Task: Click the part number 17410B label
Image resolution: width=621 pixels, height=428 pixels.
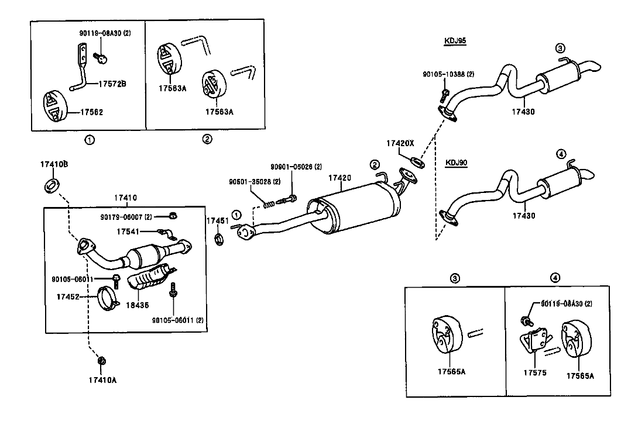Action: point(54,164)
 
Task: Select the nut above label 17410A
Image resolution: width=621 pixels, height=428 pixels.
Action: point(101,361)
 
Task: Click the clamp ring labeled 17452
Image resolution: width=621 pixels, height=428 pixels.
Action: point(108,299)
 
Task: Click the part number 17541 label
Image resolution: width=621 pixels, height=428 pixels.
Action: point(128,232)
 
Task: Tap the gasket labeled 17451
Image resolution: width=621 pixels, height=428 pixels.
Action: point(219,239)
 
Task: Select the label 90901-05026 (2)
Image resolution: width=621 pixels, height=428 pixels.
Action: point(296,167)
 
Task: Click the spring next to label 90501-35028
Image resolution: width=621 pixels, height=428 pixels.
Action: point(269,204)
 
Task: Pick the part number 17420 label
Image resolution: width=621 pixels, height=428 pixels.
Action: point(339,178)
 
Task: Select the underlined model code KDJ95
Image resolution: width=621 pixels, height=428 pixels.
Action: point(455,41)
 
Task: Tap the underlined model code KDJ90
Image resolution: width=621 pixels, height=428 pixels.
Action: point(457,162)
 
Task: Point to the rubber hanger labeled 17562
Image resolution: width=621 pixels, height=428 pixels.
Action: point(55,107)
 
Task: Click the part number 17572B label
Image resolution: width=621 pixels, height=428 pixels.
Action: point(112,84)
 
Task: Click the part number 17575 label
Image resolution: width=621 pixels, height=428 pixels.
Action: point(534,372)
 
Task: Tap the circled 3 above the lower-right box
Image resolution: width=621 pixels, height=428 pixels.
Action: point(455,278)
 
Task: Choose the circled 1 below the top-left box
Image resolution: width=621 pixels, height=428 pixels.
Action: point(90,140)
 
